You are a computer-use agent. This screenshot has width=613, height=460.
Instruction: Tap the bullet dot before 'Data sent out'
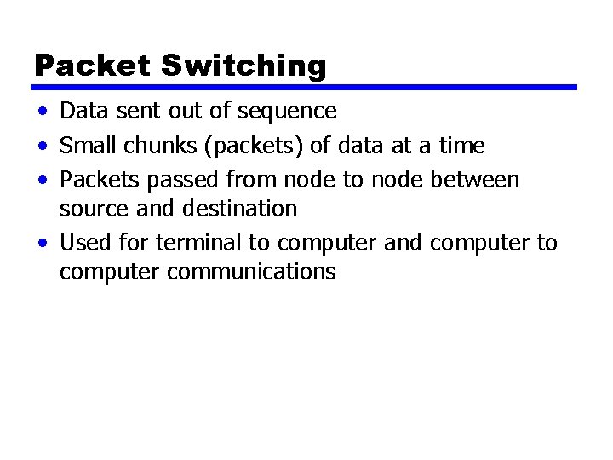pyautogui.click(x=42, y=112)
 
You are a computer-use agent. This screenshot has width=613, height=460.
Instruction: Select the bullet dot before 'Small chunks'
pyautogui.click(x=42, y=147)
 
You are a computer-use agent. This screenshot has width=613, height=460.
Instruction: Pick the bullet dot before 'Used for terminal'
pyautogui.click(x=42, y=244)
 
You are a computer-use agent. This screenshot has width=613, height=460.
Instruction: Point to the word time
pyautogui.click(x=461, y=147)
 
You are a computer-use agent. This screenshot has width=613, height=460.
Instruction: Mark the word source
pyautogui.click(x=91, y=209)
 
